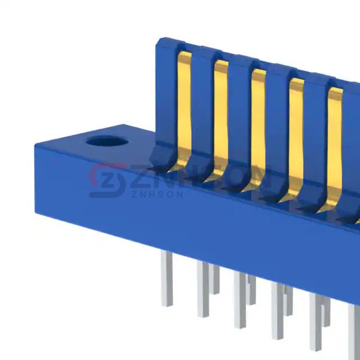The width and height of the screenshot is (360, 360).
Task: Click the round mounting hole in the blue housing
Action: (107, 141)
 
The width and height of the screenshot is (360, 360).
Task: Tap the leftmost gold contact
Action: (184, 110)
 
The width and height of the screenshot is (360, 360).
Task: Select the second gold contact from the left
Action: (221, 119)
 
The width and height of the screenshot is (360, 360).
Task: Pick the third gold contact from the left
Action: (259, 128)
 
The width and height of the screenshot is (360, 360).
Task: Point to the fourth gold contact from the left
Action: (296, 138)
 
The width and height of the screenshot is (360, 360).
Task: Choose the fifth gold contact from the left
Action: (335, 147)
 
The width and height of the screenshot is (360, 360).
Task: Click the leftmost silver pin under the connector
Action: (167, 278)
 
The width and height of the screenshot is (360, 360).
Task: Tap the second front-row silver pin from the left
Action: (203, 289)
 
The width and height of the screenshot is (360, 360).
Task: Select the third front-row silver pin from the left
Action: (240, 300)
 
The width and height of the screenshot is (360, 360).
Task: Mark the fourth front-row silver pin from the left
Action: (277, 311)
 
